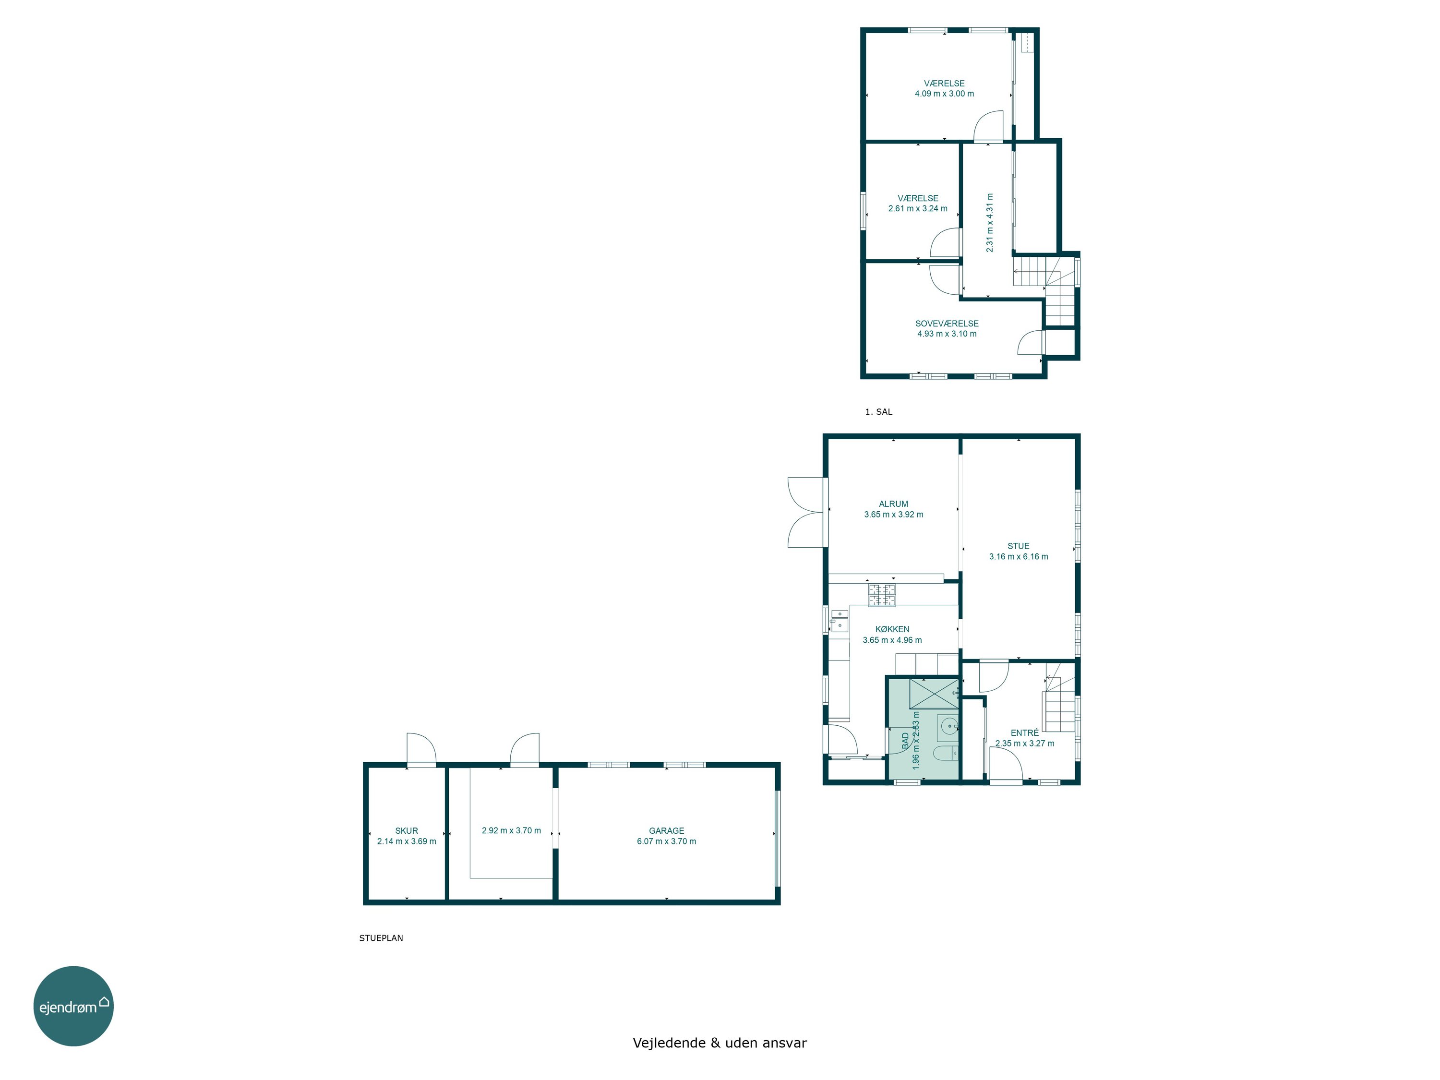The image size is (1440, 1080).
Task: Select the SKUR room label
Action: pyautogui.click(x=406, y=831)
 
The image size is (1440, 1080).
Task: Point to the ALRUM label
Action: pyautogui.click(x=893, y=504)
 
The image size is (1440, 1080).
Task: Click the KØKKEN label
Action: pyautogui.click(x=892, y=629)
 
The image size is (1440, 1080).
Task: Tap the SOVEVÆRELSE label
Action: pyautogui.click(x=947, y=324)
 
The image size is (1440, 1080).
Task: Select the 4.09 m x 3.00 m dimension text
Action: pyautogui.click(x=944, y=94)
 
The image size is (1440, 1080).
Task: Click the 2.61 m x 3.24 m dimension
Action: pyautogui.click(x=917, y=209)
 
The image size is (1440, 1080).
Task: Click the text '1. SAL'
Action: pyautogui.click(x=878, y=411)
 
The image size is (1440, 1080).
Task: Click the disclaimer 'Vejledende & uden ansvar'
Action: pyautogui.click(x=720, y=1043)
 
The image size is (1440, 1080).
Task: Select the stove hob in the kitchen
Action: pyautogui.click(x=881, y=596)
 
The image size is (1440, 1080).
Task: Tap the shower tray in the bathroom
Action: pyautogui.click(x=934, y=693)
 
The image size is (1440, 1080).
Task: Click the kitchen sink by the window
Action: pyautogui.click(x=839, y=621)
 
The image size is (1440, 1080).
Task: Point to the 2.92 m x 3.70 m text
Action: pyautogui.click(x=511, y=831)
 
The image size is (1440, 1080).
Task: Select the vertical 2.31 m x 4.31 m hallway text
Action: pyautogui.click(x=989, y=223)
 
